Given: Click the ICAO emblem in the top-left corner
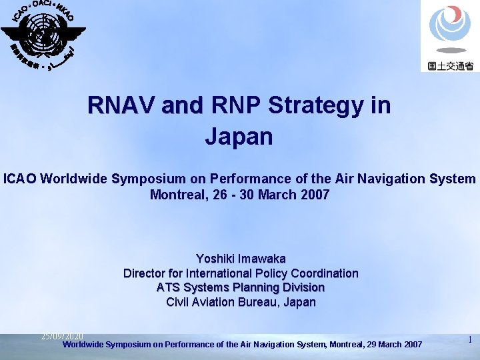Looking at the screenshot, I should coord(41,33).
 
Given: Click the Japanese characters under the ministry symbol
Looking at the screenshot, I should coord(450,66).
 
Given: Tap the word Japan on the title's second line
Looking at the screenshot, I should coord(239,137).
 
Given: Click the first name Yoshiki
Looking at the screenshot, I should coord(214,259).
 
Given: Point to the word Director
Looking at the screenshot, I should coord(145,273).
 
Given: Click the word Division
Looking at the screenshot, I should coord(303,288).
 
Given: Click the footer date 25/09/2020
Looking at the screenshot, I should coord(62,336).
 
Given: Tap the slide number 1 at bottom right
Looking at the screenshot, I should coord(470,340).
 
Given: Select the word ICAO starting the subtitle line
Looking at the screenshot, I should coord(21,179).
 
